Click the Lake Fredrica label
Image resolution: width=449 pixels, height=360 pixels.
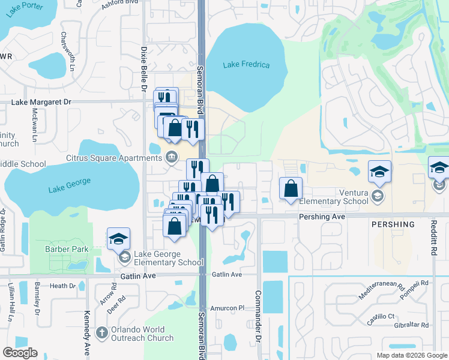[x=246, y=65]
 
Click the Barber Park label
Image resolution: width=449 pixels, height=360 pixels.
[x=67, y=249]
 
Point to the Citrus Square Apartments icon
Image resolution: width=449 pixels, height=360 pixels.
[x=172, y=158]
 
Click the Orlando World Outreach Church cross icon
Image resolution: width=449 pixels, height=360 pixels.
[x=102, y=331]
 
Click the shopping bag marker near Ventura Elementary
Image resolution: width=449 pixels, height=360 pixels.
[x=291, y=189]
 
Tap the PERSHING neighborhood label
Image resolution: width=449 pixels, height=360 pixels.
[x=393, y=224]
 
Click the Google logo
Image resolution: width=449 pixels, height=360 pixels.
[x=20, y=353]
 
